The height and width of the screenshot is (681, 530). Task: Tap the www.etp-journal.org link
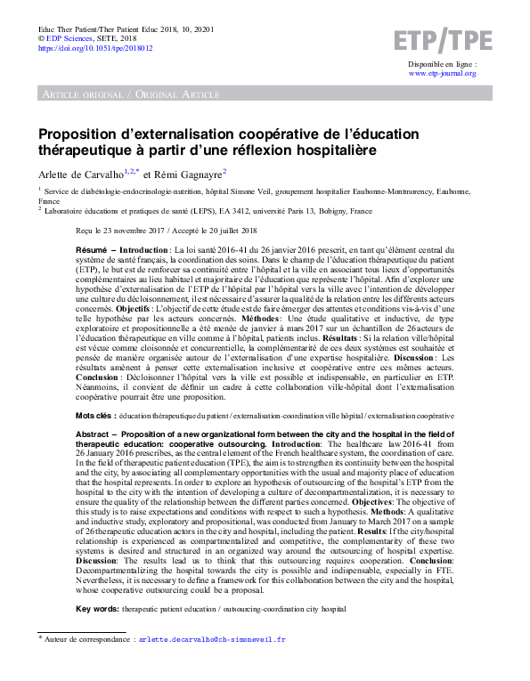442,74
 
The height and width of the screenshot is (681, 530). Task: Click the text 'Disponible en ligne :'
442,64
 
